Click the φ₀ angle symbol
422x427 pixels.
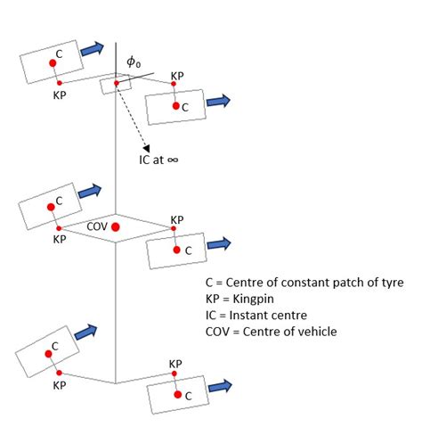tap(133, 62)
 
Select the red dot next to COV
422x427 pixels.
tap(117, 227)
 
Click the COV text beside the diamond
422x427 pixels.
tap(97, 227)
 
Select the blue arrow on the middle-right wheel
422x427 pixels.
tap(219, 242)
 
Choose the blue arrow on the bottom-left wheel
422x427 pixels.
tap(87, 333)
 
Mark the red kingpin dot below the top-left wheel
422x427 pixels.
tap(59, 82)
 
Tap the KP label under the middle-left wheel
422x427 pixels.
tap(60, 239)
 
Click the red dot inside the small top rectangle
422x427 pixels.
tap(116, 84)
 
